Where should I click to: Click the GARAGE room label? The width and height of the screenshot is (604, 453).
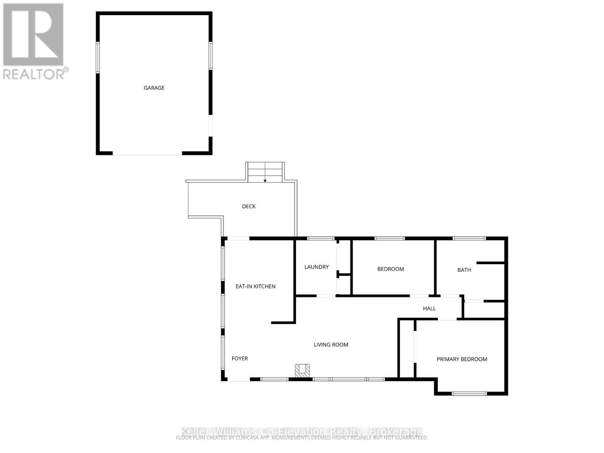154,88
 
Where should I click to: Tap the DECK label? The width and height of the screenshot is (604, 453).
249,206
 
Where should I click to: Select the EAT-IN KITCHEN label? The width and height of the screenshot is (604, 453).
256,287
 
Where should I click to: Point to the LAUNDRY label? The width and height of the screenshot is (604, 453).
316,267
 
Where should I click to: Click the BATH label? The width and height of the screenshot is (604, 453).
464,270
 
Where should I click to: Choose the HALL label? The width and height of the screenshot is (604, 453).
429,308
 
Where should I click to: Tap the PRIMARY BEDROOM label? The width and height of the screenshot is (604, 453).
462,359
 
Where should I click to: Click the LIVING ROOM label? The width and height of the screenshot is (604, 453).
331,345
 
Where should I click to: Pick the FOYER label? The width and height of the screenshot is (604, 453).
240,359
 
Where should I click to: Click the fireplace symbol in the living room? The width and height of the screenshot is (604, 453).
302,370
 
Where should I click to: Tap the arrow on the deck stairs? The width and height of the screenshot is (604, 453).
265,180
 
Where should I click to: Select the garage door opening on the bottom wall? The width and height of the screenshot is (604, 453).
147,154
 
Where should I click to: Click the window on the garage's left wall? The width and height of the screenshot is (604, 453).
98,57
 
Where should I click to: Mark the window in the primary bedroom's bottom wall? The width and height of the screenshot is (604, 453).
469,394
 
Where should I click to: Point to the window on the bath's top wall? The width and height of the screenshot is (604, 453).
469,239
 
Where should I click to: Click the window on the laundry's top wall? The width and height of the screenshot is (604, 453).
321,239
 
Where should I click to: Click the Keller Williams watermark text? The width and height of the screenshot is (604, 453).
302,431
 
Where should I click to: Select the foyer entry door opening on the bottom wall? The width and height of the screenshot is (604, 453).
238,379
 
